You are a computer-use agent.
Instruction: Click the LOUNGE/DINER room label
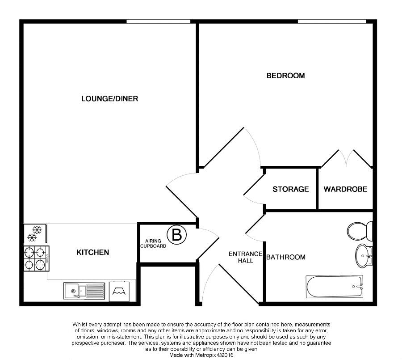[x=110, y=98]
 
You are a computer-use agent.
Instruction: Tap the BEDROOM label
[x=285, y=76]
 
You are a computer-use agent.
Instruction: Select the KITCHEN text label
[x=93, y=252]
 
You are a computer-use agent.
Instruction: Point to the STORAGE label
[x=291, y=189]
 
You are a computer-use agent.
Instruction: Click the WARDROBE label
[x=345, y=189]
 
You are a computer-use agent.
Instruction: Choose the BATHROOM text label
[x=286, y=257]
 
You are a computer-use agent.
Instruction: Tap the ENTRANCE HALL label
[x=246, y=257]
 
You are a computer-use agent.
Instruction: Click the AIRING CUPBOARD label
[x=153, y=243]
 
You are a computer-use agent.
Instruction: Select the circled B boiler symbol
[x=176, y=235]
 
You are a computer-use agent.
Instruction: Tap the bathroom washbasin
[x=364, y=256]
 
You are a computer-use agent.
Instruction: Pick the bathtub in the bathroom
[x=334, y=287]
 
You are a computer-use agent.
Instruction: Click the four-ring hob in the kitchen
[x=37, y=258]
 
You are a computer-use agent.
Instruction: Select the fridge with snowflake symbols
[x=35, y=233]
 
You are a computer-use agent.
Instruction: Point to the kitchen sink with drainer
[x=84, y=291]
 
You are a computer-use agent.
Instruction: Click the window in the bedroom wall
[x=332, y=22]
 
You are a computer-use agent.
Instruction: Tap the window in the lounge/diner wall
[x=159, y=22]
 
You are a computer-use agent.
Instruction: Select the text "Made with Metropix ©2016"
[x=201, y=355]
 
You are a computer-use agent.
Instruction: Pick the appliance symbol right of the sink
[x=119, y=291]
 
